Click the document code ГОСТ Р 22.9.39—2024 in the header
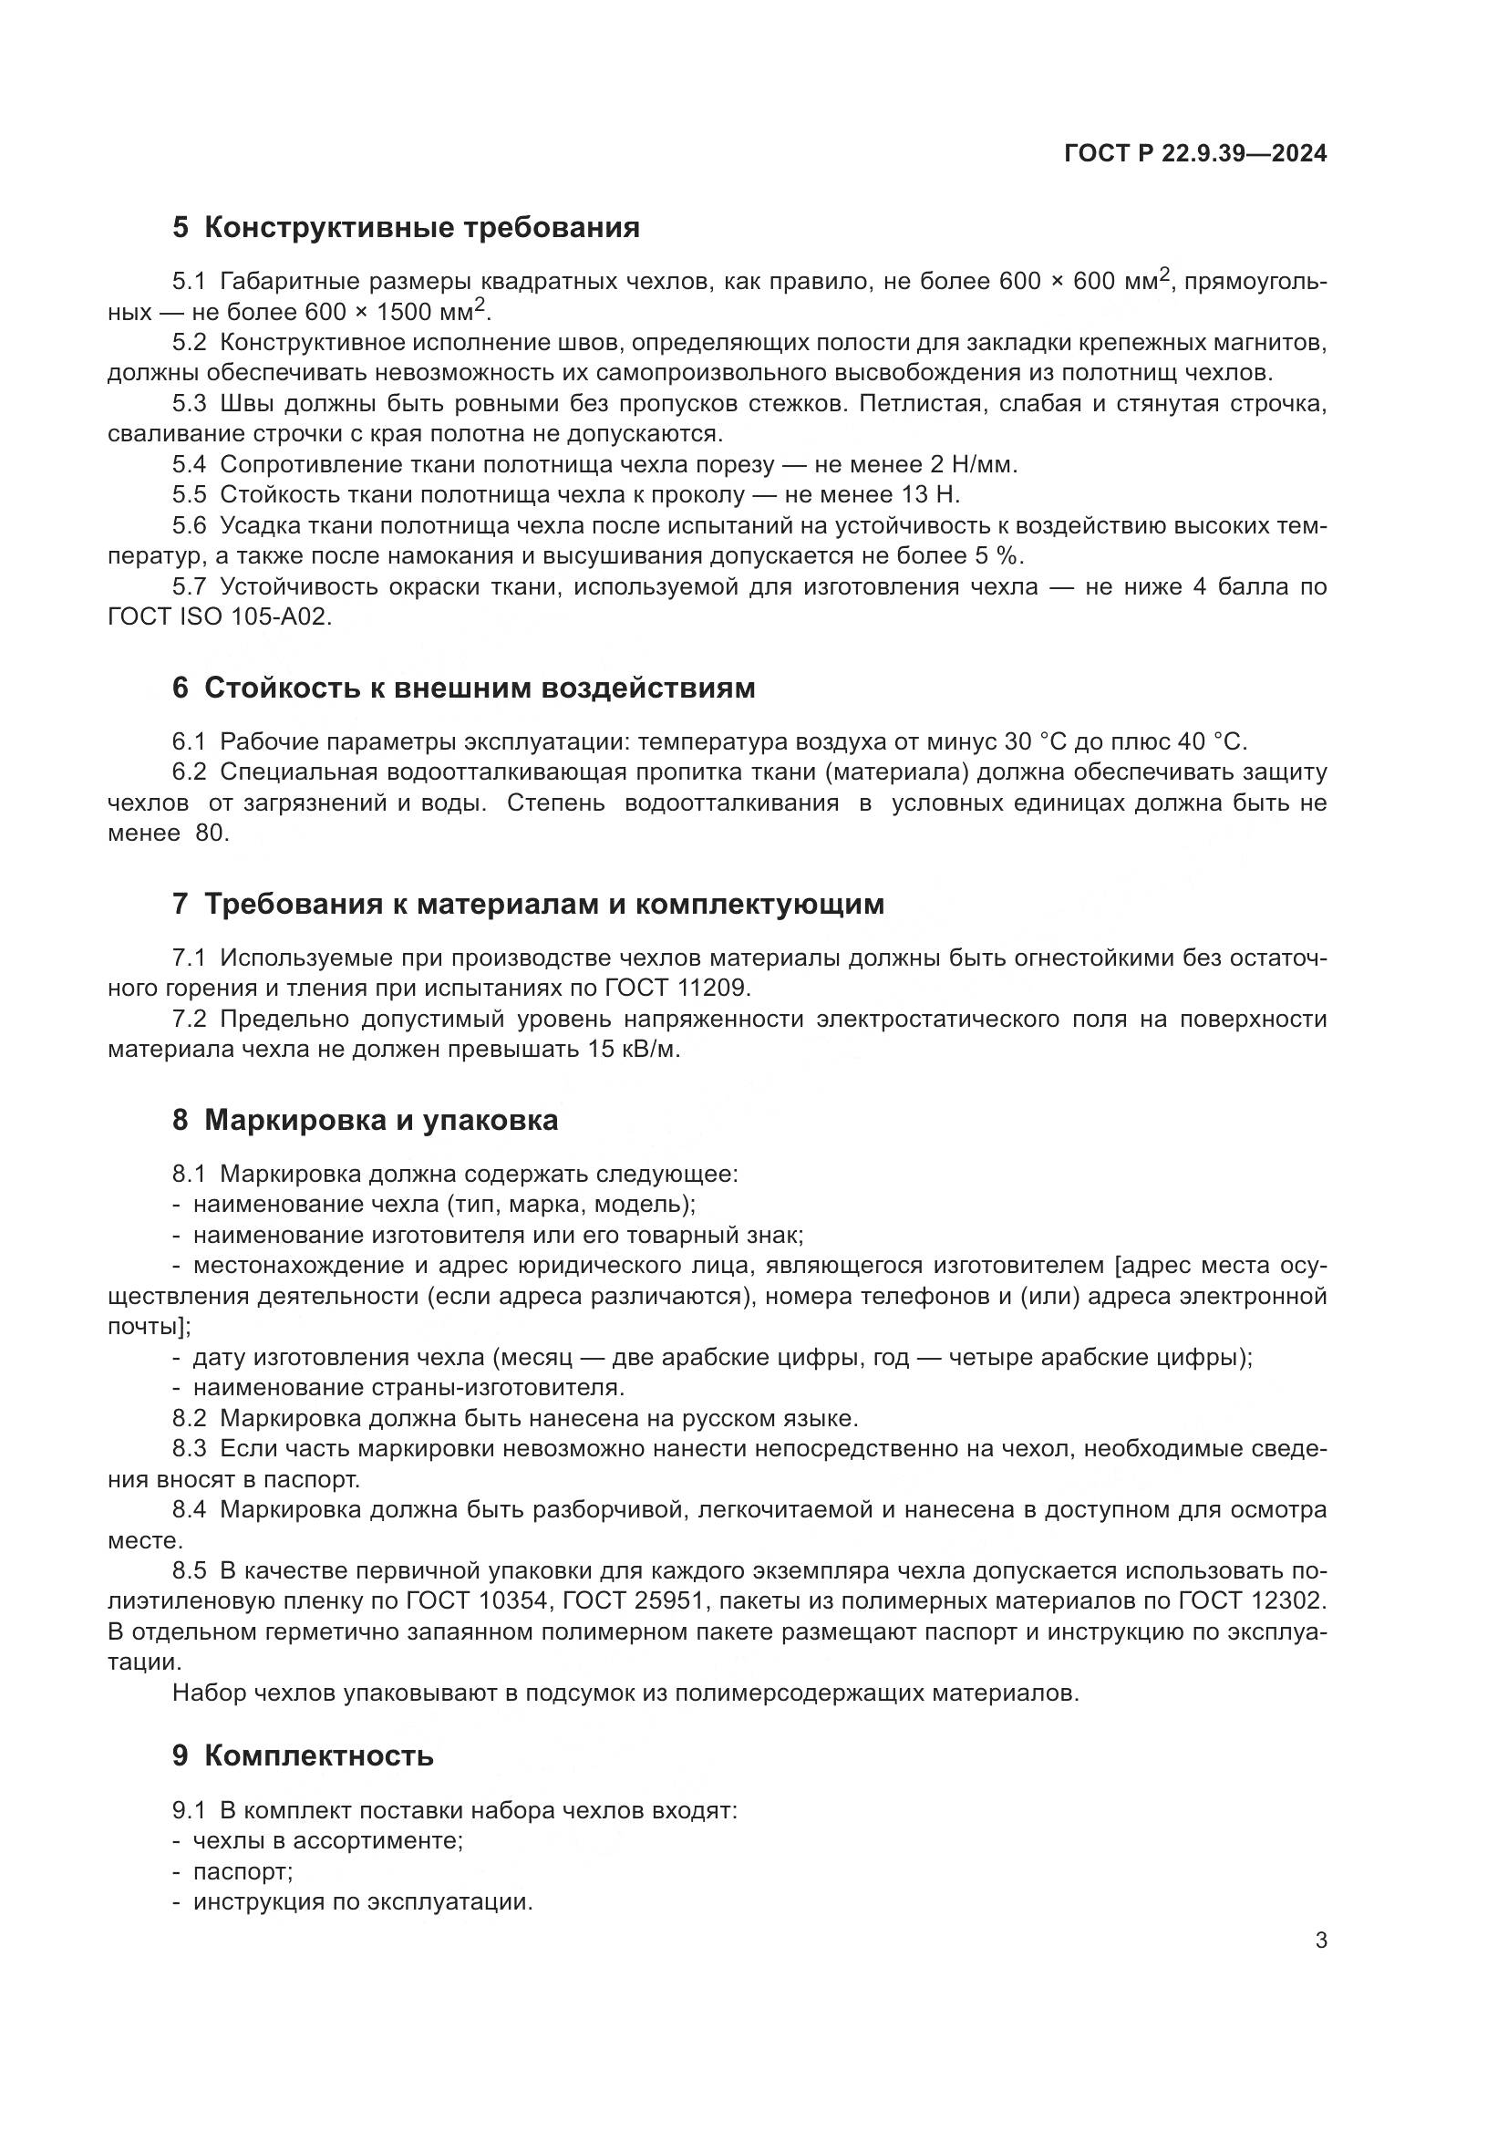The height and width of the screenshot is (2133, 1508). coord(1195,153)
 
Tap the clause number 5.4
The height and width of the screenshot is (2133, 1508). coord(189,464)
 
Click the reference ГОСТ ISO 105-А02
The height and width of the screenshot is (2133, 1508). coord(219,616)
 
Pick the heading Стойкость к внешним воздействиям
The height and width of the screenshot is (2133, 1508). coord(463,689)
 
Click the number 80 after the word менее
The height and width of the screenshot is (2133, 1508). coord(211,834)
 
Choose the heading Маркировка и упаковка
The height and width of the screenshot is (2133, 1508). coord(365,1121)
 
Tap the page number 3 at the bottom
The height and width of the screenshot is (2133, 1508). coord(1320,1941)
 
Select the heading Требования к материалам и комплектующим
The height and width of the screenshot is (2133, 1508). coord(529,904)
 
